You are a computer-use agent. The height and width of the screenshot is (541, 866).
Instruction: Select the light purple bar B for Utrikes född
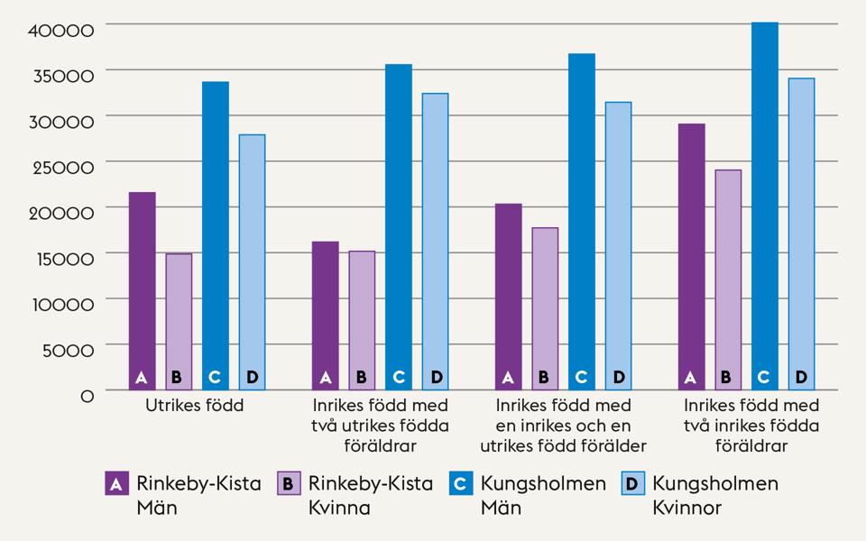pos(179,321)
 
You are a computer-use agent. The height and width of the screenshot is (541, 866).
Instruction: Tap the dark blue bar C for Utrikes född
pos(216,235)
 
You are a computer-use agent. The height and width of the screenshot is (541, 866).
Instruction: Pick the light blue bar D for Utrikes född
pos(252,261)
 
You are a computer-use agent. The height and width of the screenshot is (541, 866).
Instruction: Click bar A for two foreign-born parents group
pos(325,315)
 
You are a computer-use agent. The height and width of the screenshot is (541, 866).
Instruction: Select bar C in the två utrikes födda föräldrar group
pos(399,226)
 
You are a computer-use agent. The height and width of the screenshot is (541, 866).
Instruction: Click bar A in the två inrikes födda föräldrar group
pos(691,256)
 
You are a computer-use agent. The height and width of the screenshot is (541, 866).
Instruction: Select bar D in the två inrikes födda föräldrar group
pos(801,234)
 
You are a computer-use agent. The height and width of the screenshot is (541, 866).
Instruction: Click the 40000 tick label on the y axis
pos(61,30)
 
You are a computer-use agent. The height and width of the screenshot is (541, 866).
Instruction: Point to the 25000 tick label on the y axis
pos(61,167)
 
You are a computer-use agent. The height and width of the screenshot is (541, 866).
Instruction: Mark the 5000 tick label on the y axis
pos(68,350)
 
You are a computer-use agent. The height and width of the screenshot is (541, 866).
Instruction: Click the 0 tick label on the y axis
pos(87,396)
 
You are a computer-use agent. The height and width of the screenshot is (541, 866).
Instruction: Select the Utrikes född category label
pos(195,406)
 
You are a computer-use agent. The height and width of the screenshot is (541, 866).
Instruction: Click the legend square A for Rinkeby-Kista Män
pos(115,483)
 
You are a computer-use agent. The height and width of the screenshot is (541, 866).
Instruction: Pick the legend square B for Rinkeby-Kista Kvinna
pos(288,483)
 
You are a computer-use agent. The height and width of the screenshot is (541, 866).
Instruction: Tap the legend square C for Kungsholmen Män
pos(459,483)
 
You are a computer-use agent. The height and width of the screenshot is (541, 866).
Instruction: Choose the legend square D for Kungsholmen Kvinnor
pos(631,483)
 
